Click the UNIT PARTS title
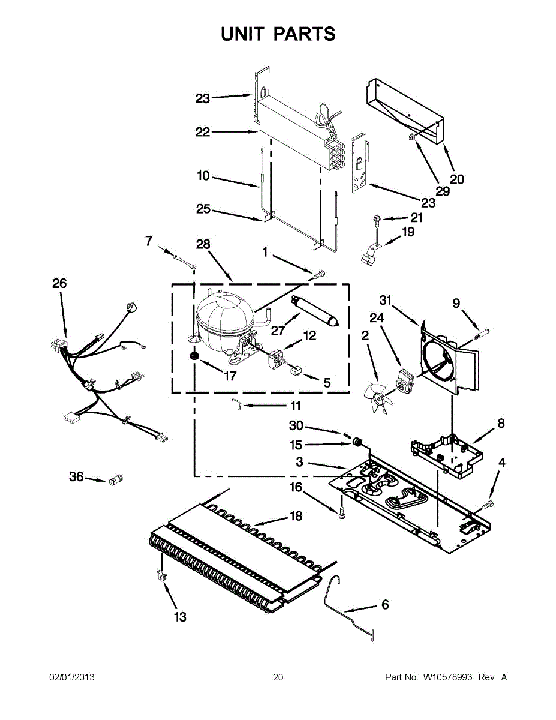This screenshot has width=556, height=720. pyautogui.click(x=278, y=34)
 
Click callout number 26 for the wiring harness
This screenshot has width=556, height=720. pyautogui.click(x=59, y=283)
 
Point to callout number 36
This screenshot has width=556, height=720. pyautogui.click(x=76, y=477)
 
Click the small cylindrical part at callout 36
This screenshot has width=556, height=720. pyautogui.click(x=115, y=479)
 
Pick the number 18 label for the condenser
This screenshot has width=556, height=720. pyautogui.click(x=295, y=516)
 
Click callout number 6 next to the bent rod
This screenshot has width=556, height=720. pyautogui.click(x=385, y=605)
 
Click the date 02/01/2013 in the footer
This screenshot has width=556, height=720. pyautogui.click(x=71, y=677)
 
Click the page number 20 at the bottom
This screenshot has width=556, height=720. pyautogui.click(x=278, y=677)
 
